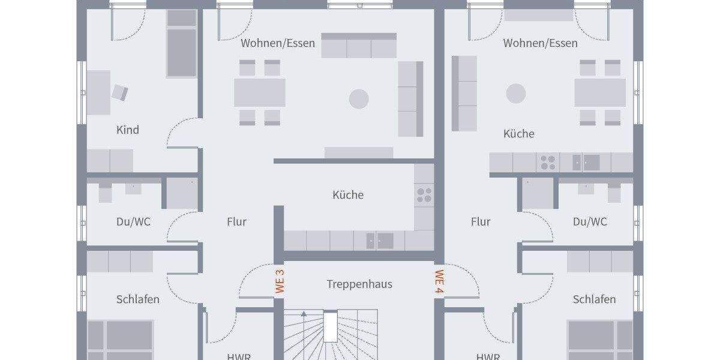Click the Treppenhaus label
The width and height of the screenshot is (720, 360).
click(x=359, y=284)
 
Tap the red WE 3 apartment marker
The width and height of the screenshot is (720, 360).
click(x=280, y=281)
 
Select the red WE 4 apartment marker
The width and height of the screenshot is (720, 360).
click(x=439, y=281)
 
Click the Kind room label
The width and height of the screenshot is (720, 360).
click(x=127, y=130)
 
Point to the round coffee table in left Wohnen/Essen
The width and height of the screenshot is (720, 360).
click(x=359, y=98)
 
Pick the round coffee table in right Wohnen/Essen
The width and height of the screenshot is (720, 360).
click(x=516, y=94)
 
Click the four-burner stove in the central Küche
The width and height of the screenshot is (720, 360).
click(x=424, y=194)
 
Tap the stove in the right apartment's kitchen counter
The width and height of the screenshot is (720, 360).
click(x=548, y=162)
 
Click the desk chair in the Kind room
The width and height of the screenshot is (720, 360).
click(x=120, y=92)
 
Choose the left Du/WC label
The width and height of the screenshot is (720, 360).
click(x=133, y=222)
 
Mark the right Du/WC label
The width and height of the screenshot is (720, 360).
click(x=590, y=222)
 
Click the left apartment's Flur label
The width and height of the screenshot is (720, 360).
click(x=236, y=222)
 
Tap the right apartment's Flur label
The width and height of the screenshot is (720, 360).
click(x=481, y=222)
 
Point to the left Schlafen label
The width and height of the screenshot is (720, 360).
click(x=138, y=299)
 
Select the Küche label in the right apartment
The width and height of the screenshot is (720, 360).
click(x=519, y=134)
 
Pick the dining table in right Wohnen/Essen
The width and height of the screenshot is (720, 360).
click(x=600, y=92)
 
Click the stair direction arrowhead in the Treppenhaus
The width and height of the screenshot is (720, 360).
click(x=304, y=313)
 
